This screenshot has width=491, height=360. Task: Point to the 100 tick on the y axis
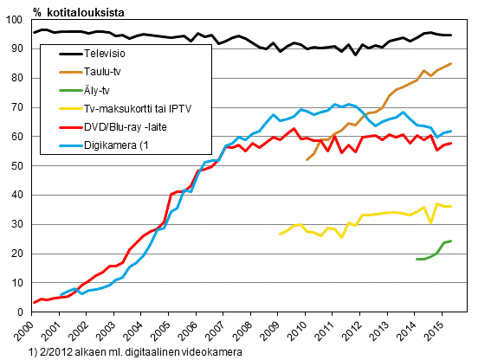[17, 20]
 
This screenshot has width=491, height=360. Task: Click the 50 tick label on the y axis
[20, 166]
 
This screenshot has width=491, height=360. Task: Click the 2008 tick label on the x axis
[242, 331]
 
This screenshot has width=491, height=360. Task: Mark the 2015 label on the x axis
[430, 331]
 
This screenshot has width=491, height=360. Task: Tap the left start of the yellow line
[280, 234]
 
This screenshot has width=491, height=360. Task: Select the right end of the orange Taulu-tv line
[451, 63]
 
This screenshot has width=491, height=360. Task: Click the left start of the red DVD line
[34, 303]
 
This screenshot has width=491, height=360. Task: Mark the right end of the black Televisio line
[451, 35]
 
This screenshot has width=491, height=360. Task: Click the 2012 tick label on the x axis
[349, 331]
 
